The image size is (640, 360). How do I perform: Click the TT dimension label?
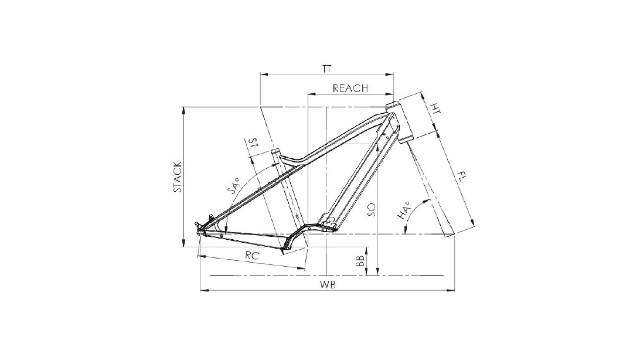point(327,69)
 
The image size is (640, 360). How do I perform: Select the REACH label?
point(350,88)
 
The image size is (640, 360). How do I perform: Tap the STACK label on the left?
point(178,177)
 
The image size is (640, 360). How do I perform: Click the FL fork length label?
point(461,177)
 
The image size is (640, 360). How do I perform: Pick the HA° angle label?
point(404,211)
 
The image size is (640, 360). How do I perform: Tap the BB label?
point(360,261)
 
